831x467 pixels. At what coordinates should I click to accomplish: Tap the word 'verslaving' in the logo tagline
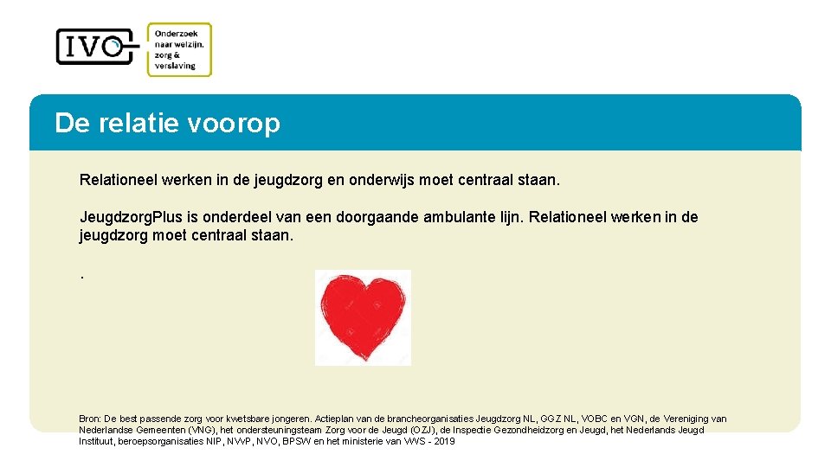[176, 66]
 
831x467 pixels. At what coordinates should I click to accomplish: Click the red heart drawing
[363, 317]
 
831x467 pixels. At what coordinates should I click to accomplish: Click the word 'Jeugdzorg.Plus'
[126, 217]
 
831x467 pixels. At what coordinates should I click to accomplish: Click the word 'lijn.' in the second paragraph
[511, 217]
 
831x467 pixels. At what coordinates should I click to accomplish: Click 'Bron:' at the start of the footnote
[90, 419]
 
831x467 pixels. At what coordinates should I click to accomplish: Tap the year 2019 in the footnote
[444, 442]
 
